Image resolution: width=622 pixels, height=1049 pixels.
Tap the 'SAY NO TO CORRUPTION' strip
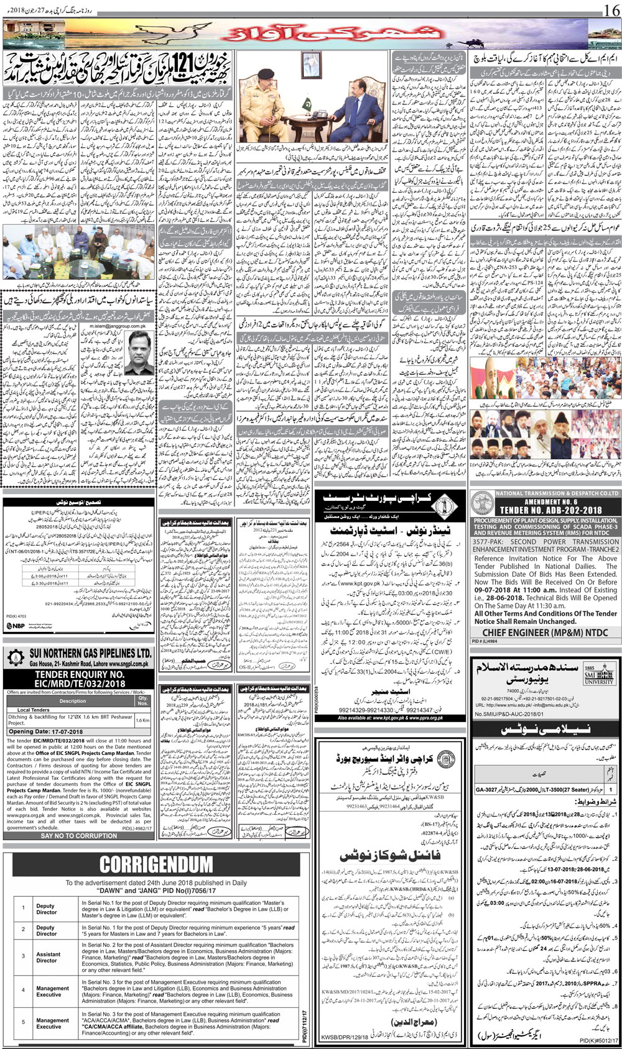click(78, 836)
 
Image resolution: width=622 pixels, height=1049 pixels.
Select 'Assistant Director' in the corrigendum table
click(48, 957)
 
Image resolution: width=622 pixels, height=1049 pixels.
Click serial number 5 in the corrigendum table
click(23, 1022)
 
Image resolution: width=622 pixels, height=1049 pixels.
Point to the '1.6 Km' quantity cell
click(142, 720)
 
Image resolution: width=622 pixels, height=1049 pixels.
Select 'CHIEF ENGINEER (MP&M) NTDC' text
click(547, 633)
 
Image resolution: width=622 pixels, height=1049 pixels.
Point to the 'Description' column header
click(73, 700)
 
